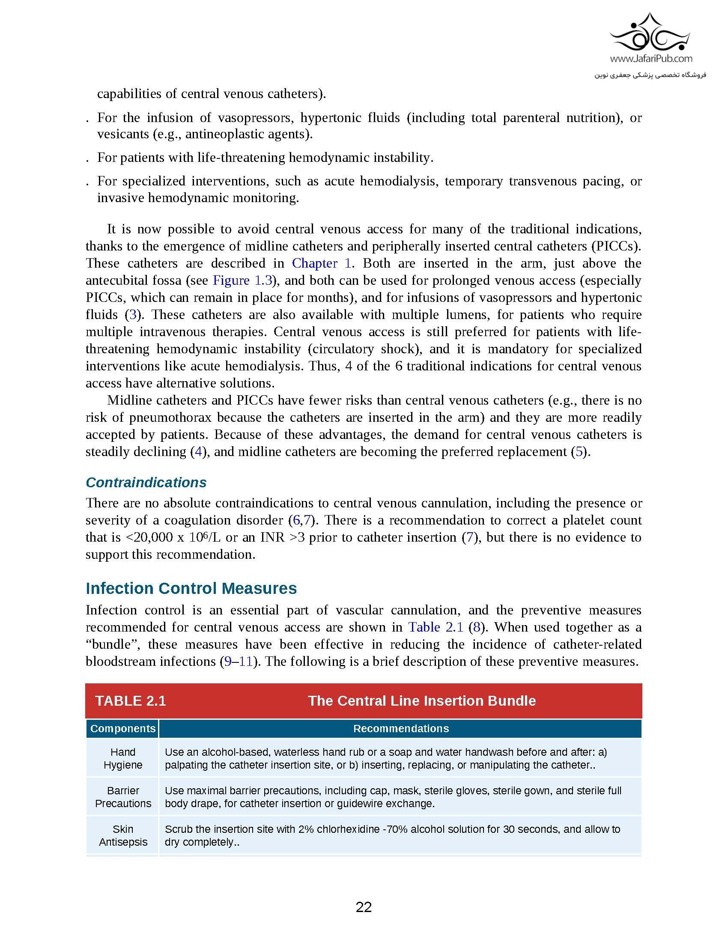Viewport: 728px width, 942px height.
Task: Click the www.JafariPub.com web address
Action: [651, 58]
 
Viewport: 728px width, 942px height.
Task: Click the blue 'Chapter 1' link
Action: [322, 263]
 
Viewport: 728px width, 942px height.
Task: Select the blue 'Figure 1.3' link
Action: [242, 280]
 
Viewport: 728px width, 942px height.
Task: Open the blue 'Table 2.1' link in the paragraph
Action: [436, 627]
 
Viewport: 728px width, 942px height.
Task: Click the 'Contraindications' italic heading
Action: [146, 482]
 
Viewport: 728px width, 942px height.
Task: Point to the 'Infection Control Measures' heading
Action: [191, 588]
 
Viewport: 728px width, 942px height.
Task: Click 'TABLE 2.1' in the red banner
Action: [130, 701]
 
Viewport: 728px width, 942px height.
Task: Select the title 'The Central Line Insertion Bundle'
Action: [421, 701]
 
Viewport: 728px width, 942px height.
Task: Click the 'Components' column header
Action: [122, 728]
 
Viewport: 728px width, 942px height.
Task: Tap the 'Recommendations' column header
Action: [401, 728]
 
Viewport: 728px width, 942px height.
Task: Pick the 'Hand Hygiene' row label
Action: [123, 758]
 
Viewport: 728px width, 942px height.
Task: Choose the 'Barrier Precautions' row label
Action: [123, 797]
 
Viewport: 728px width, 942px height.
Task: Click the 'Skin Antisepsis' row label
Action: [123, 835]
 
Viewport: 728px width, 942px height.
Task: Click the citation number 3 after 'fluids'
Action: [133, 314]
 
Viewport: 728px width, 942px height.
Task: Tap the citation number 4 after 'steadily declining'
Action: [198, 452]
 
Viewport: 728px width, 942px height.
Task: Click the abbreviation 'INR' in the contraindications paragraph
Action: [270, 537]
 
